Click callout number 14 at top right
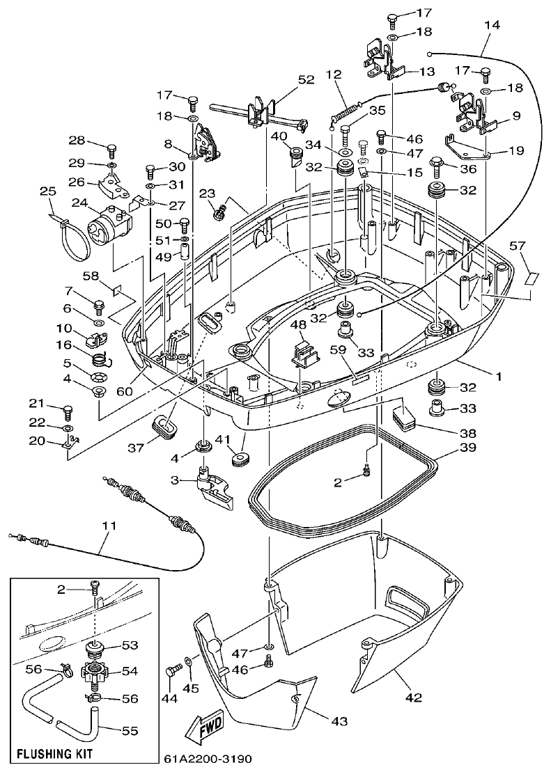[x=492, y=25]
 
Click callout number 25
[x=47, y=191]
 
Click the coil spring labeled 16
[x=102, y=359]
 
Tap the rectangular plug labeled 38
[x=403, y=416]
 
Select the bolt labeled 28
[x=111, y=148]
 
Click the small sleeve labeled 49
[x=185, y=252]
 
